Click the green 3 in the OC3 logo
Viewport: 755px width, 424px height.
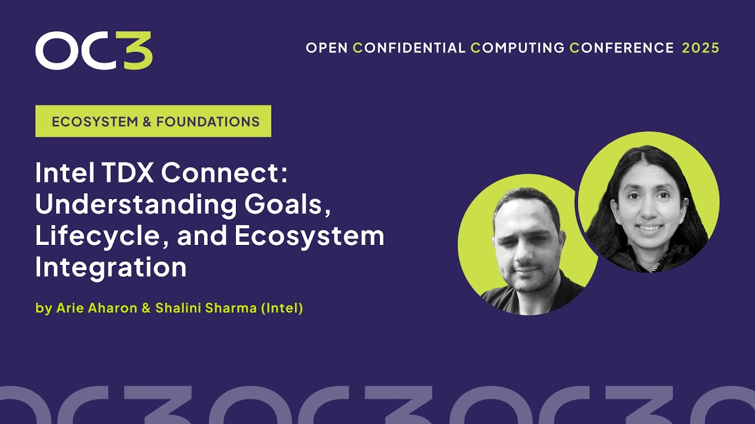coord(139,51)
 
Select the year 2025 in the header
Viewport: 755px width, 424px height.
coord(701,48)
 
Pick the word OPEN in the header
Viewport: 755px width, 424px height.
coord(326,48)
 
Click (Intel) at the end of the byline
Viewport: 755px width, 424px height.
coord(281,309)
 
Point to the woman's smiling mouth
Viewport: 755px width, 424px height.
coord(650,227)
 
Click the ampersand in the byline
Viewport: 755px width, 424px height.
coord(146,309)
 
